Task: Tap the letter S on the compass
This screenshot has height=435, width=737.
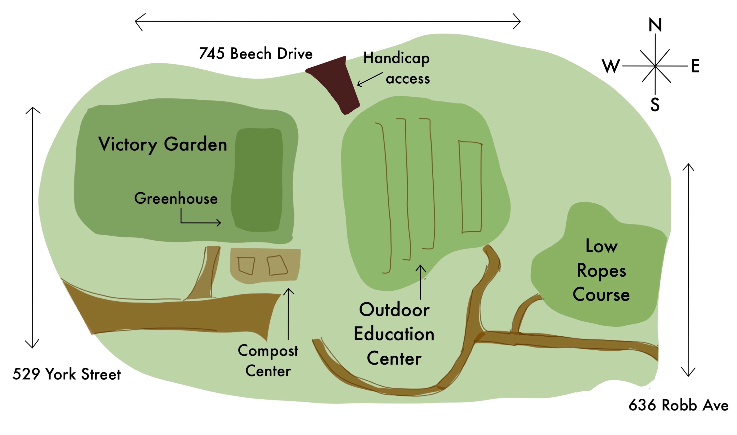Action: coord(655,105)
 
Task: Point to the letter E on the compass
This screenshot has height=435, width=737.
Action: coord(695,66)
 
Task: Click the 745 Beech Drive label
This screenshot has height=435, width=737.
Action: coord(256,54)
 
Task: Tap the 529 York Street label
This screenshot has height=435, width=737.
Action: coord(67,374)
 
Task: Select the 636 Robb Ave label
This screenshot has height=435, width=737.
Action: coord(678,405)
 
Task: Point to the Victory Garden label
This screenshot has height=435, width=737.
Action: coord(163,144)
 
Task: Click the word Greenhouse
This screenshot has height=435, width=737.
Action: coord(176,199)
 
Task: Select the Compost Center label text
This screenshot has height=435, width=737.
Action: coord(268,361)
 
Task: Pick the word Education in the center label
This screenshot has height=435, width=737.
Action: coord(394,334)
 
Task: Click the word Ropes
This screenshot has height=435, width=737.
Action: coord(601,271)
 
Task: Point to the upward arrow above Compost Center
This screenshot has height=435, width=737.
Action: coord(288,314)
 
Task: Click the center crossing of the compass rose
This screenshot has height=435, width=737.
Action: coord(655,66)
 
